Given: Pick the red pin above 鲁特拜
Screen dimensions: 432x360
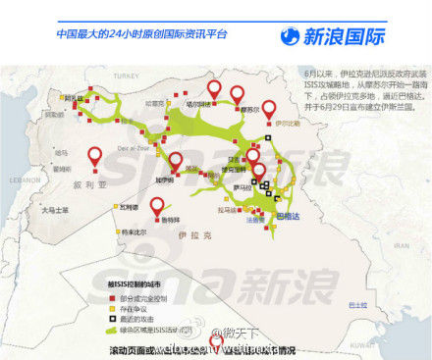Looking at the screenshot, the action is [157, 206].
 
